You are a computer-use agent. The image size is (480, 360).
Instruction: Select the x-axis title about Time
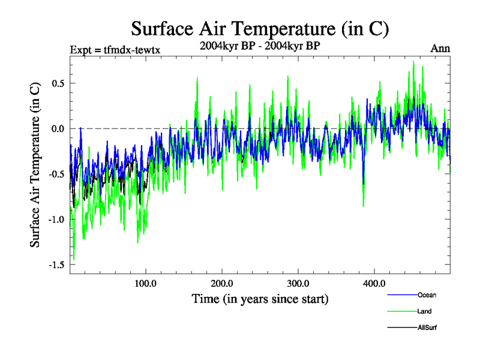point(260,298)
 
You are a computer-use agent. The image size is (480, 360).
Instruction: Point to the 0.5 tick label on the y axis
point(57,83)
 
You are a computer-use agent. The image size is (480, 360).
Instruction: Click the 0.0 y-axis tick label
point(57,128)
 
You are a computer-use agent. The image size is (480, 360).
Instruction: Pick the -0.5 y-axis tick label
point(55,174)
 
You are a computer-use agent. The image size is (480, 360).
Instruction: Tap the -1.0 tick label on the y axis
point(55,219)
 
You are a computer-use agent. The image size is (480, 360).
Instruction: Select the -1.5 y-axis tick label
point(55,265)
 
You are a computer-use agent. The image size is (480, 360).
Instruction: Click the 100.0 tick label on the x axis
point(146,283)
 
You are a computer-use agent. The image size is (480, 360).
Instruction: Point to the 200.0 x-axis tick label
point(222,283)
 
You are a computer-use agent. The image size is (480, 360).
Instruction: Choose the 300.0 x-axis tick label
point(298,283)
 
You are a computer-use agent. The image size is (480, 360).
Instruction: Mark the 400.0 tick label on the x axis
point(374,283)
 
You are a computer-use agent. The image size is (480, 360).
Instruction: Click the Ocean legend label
point(427,295)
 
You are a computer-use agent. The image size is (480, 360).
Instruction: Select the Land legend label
point(425,311)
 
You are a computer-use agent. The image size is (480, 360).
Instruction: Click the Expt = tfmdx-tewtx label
point(115,49)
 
